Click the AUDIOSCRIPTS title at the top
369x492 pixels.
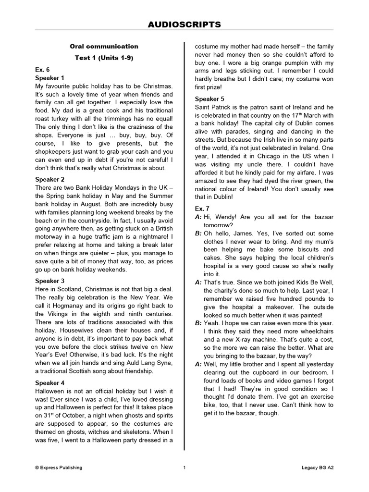[x=184, y=24]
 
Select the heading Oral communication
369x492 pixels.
[x=104, y=47]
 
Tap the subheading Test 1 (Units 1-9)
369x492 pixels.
[x=104, y=58]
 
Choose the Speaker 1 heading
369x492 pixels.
[x=49, y=77]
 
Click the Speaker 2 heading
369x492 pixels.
[x=49, y=179]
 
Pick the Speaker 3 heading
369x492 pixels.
[x=49, y=281]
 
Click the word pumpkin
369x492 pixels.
[x=303, y=63]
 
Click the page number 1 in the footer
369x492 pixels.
[x=184, y=467]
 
